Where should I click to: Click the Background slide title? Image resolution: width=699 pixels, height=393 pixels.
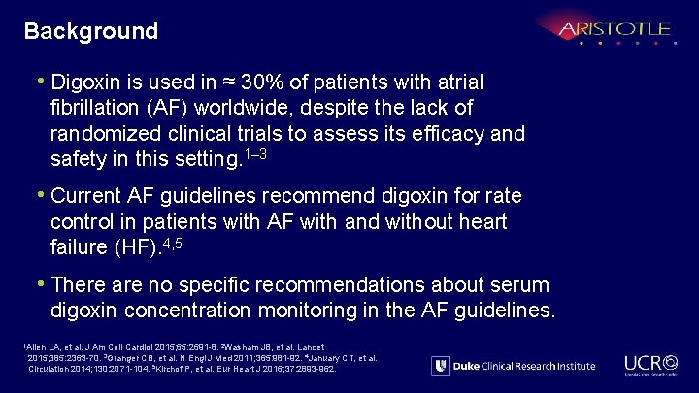point(91,31)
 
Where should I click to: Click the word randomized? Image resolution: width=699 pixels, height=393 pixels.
point(100,132)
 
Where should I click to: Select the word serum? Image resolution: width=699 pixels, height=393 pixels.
point(522,285)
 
